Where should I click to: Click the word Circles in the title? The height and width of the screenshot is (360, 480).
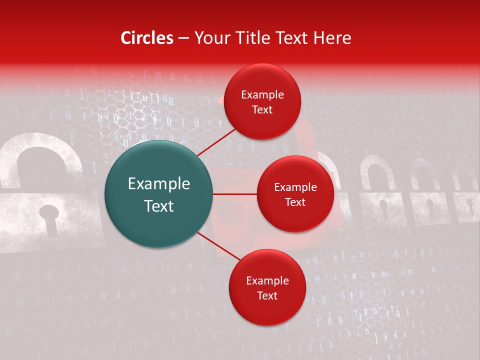pyautogui.click(x=147, y=38)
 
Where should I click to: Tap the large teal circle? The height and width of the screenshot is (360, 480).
pyautogui.click(x=158, y=194)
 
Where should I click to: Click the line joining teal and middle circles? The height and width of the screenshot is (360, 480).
pyautogui.click(x=235, y=194)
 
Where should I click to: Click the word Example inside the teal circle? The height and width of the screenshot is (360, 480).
pyautogui.click(x=159, y=184)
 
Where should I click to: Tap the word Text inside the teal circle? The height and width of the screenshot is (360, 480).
pyautogui.click(x=159, y=206)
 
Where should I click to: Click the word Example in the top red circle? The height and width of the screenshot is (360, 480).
pyautogui.click(x=262, y=95)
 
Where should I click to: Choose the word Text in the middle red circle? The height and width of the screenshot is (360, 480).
pyautogui.click(x=295, y=202)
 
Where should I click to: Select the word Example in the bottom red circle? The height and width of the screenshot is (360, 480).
pyautogui.click(x=267, y=281)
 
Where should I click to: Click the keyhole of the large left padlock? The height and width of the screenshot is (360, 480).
pyautogui.click(x=48, y=218)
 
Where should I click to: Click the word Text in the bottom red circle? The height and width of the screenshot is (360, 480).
pyautogui.click(x=267, y=296)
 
